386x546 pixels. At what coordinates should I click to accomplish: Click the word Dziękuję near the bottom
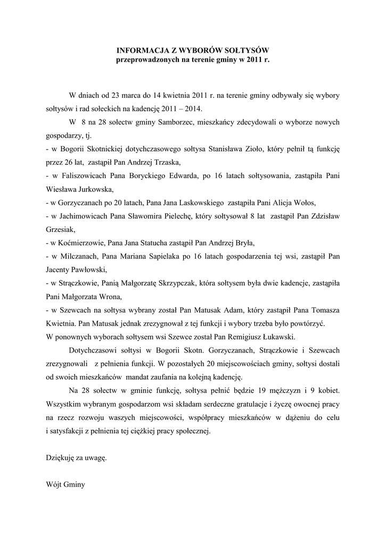[62, 457]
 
